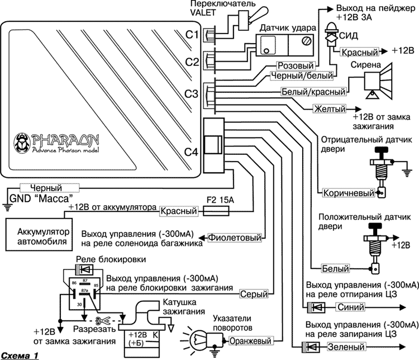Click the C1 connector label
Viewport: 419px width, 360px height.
[x=192, y=35]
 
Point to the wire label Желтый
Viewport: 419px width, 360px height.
[x=328, y=108]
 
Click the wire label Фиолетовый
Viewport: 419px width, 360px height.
[x=235, y=238]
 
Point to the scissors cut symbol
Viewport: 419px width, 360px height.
[x=101, y=322]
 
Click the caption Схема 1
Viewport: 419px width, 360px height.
[x=20, y=355]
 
